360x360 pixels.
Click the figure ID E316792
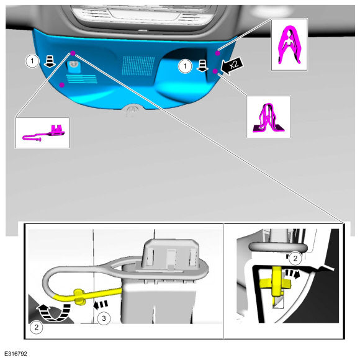[16, 353]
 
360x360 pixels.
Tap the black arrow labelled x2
[232, 65]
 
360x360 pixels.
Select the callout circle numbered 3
[104, 318]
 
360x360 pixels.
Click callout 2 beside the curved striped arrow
[37, 327]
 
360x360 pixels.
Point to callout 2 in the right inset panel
[295, 258]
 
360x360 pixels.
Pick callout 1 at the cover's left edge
[32, 61]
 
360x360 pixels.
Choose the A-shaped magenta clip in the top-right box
[289, 45]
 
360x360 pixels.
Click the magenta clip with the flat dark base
[268, 117]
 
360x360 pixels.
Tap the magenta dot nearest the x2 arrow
[215, 71]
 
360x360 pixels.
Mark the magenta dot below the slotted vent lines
[62, 85]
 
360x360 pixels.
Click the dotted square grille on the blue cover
[138, 66]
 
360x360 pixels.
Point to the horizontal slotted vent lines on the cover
[82, 79]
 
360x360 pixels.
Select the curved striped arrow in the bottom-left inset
[54, 312]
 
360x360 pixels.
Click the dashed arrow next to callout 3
[101, 304]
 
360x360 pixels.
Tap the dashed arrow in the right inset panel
[292, 274]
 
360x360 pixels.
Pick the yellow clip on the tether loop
[79, 297]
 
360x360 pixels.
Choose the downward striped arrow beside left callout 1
[50, 61]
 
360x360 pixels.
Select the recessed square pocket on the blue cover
[73, 67]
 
